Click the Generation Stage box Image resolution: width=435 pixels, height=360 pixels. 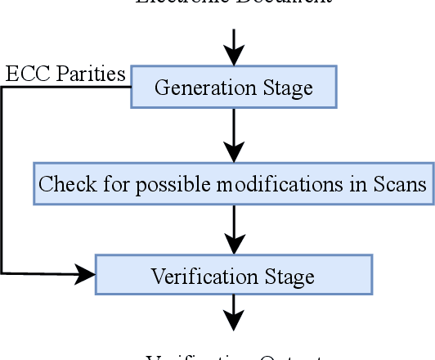point(233,87)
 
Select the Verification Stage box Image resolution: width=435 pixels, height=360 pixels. point(234,275)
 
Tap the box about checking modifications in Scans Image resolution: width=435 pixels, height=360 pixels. point(233,183)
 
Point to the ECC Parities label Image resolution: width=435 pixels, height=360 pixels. point(65,74)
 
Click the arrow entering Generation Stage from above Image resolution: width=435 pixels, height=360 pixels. point(234,47)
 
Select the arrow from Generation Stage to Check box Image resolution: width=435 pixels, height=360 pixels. point(234,135)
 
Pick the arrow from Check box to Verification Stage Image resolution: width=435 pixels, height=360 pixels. point(234,229)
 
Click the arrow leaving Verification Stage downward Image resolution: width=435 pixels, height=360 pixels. point(234,313)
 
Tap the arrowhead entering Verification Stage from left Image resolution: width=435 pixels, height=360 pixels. point(86,274)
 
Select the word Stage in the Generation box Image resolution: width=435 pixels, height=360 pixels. point(290,88)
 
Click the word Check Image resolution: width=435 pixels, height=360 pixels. point(63,184)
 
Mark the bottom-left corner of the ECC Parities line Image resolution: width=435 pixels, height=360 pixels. point(2,272)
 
